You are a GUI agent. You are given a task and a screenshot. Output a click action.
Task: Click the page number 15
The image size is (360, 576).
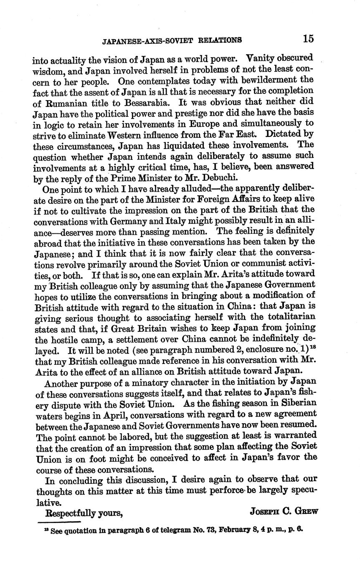(308, 39)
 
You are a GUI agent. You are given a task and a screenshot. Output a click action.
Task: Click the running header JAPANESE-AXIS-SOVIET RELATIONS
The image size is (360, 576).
(172, 40)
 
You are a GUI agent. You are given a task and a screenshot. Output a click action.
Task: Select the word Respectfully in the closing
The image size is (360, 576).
(71, 513)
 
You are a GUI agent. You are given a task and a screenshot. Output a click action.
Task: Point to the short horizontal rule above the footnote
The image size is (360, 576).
(59, 522)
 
